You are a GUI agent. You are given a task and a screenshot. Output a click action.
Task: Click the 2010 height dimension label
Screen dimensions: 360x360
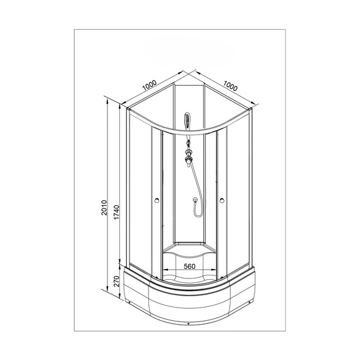pyautogui.click(x=104, y=208)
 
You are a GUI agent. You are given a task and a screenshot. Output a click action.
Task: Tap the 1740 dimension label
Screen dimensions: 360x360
pyautogui.click(x=117, y=212)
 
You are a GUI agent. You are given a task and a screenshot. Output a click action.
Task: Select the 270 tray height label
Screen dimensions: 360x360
pyautogui.click(x=117, y=281)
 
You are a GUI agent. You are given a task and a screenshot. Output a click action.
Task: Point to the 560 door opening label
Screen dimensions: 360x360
pyautogui.click(x=189, y=267)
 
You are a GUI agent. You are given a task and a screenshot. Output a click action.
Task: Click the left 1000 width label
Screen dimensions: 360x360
pyautogui.click(x=150, y=85)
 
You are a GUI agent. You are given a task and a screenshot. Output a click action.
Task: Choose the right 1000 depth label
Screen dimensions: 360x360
pyautogui.click(x=231, y=86)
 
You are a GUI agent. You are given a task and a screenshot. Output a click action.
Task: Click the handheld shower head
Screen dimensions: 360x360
pyautogui.click(x=188, y=120)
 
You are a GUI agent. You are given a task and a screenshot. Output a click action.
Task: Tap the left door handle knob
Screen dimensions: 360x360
pyautogui.click(x=157, y=200)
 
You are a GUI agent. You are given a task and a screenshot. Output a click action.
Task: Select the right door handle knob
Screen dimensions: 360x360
pyautogui.click(x=222, y=200)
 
